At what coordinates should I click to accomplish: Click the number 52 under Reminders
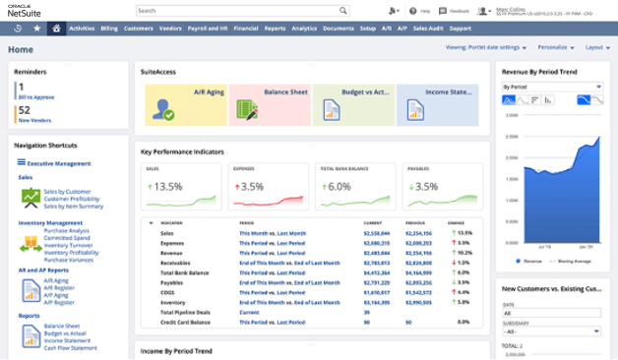[x=23, y=111]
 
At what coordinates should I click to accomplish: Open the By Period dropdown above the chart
[x=551, y=87]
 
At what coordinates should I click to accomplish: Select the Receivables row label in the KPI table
[x=177, y=264]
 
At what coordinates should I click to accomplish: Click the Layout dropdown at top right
[x=595, y=47]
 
